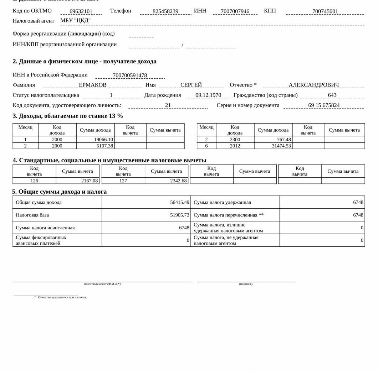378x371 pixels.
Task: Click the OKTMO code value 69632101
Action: [x=81, y=11]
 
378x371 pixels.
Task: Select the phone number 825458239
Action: [x=165, y=11]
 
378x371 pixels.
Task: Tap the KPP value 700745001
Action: [x=325, y=11]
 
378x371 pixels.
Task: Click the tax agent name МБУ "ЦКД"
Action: [x=76, y=21]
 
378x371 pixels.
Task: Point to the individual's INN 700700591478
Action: [x=130, y=75]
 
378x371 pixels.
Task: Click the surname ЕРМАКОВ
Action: [x=93, y=85]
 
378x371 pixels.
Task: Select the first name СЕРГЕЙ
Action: [x=191, y=85]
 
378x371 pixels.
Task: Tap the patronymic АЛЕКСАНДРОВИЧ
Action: [x=314, y=85]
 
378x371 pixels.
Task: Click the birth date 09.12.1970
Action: [x=208, y=95]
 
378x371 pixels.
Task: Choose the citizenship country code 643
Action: [x=332, y=95]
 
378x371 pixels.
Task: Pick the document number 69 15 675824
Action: [x=324, y=105]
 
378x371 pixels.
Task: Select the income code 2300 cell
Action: [x=235, y=140]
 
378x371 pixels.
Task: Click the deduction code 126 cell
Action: [x=34, y=181]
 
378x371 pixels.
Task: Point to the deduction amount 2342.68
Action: [x=178, y=181]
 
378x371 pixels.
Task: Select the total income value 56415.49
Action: [x=180, y=202]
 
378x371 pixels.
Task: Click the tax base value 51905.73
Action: [x=180, y=215]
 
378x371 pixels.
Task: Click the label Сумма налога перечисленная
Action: [x=229, y=215]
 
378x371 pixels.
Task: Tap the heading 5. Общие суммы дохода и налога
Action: [x=60, y=192]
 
